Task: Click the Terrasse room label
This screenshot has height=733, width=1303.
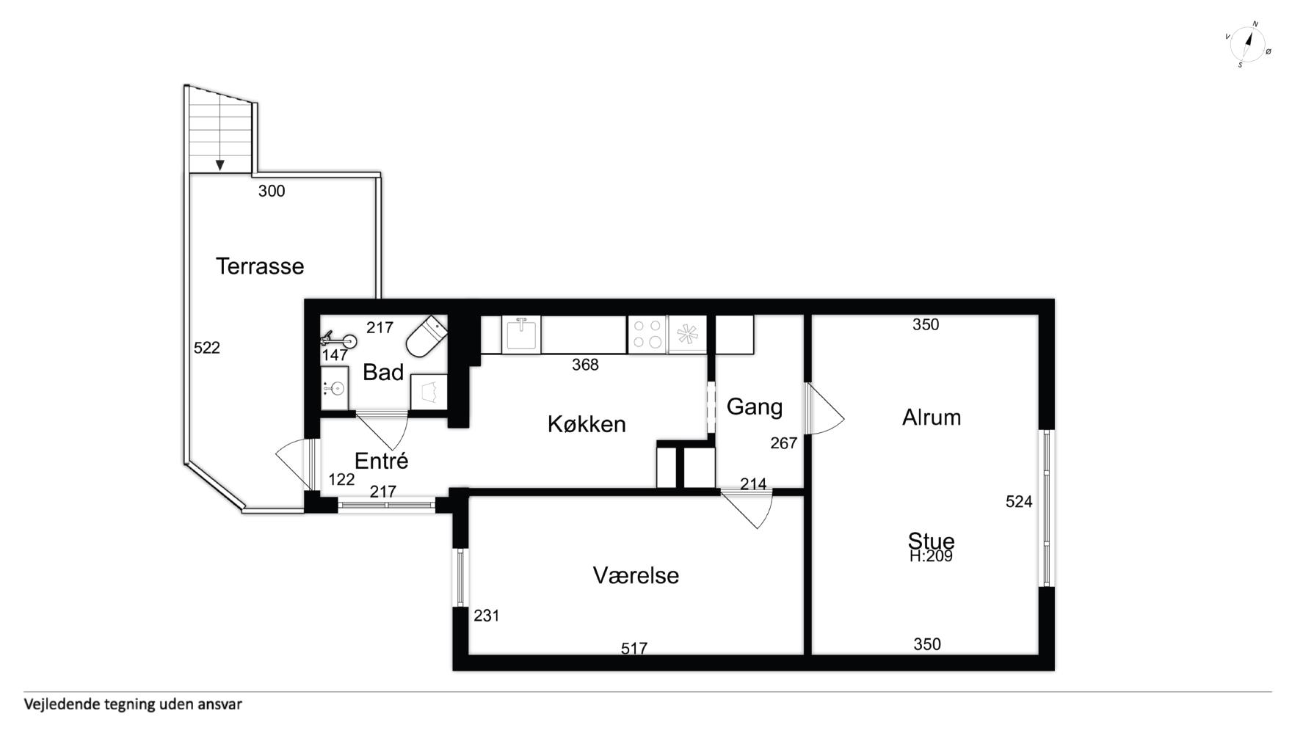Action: [x=260, y=266]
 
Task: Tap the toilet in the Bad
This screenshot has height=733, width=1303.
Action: [x=427, y=337]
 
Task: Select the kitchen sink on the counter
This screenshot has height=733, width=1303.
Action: [x=521, y=335]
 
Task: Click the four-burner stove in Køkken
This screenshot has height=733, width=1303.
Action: [x=647, y=335]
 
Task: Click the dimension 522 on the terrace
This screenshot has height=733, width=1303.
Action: [x=207, y=348]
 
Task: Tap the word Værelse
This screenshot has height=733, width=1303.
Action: [x=636, y=575]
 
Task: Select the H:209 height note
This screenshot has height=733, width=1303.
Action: [x=931, y=556]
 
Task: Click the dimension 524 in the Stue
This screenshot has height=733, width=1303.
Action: [x=1019, y=502]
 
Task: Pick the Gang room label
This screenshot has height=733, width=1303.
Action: [x=755, y=406]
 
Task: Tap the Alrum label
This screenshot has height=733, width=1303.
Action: [x=932, y=417]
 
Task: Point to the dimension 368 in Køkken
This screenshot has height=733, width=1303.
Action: [x=585, y=365]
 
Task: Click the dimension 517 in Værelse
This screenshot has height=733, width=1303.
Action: [x=634, y=648]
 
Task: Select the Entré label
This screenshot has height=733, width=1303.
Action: [x=381, y=461]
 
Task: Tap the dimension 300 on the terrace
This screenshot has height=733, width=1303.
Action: [x=272, y=191]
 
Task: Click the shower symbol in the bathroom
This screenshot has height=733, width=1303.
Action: [x=338, y=340]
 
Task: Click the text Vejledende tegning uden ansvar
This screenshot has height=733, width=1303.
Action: [x=133, y=704]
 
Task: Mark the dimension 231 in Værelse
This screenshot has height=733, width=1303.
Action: [x=487, y=616]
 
